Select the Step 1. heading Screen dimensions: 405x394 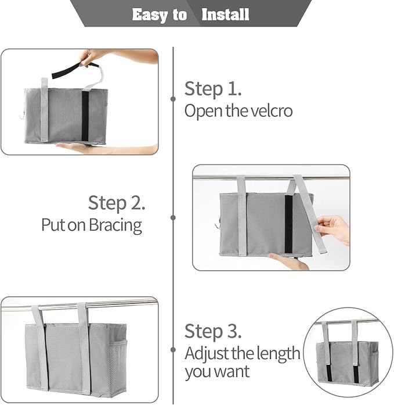(x=213, y=89)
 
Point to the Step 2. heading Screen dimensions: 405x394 (x=117, y=203)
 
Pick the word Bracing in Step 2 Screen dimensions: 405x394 (x=115, y=225)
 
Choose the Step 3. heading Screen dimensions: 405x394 (x=213, y=331)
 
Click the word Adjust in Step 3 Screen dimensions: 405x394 (x=204, y=353)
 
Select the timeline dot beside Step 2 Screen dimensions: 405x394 (x=173, y=217)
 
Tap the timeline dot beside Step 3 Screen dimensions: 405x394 (x=173, y=350)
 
